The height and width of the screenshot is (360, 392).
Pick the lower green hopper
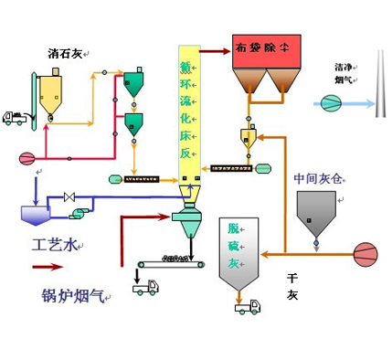[134, 123]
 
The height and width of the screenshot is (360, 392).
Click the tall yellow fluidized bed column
[188, 110]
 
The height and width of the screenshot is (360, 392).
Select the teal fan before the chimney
[332, 103]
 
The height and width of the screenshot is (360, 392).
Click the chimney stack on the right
[376, 82]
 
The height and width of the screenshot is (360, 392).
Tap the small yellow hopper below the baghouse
[247, 137]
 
